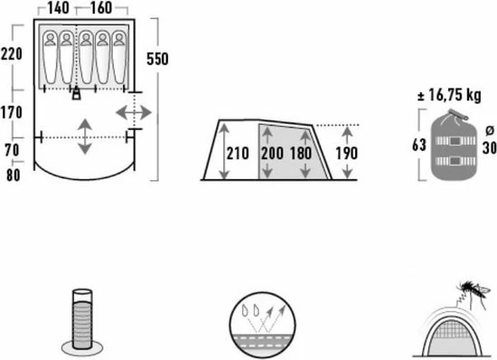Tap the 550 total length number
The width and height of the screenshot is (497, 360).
point(158,59)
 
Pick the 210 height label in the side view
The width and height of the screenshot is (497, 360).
point(237,152)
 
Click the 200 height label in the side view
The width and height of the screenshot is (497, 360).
point(272,152)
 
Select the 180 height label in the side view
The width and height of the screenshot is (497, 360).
point(302,152)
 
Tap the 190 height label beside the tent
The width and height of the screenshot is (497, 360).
point(346,152)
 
